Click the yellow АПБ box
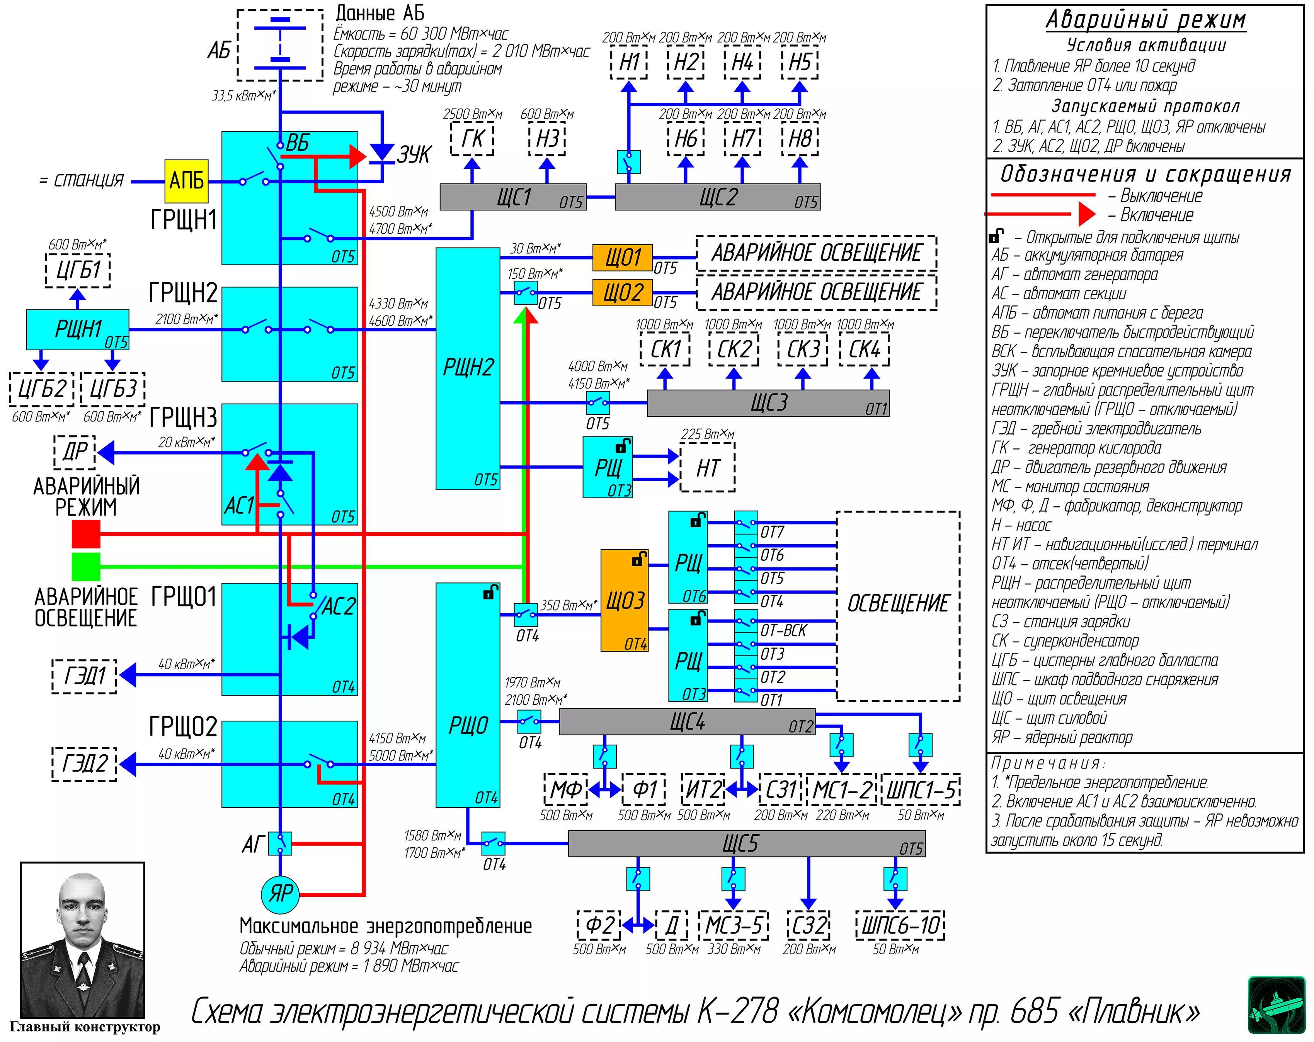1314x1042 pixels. (x=187, y=181)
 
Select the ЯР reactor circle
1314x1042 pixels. (x=280, y=893)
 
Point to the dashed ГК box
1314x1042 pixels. (x=472, y=139)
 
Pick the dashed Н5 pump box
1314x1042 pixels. (x=800, y=63)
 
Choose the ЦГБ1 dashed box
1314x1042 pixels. (x=78, y=270)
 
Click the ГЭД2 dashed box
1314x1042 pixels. (x=85, y=763)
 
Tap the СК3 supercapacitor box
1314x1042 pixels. (x=803, y=350)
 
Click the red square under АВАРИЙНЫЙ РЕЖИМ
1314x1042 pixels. (x=86, y=534)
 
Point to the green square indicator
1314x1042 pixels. (x=86, y=566)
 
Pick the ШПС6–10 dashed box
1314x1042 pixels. (x=900, y=925)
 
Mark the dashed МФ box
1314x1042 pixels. (x=565, y=790)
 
